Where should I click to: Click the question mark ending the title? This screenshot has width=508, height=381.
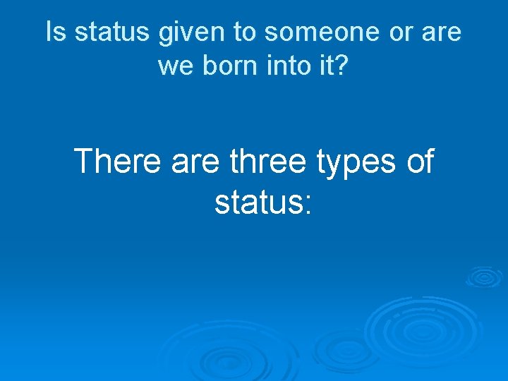point(342,66)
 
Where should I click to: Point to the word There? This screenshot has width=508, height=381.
point(118,162)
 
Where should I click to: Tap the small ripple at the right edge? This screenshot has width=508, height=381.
point(485,277)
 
